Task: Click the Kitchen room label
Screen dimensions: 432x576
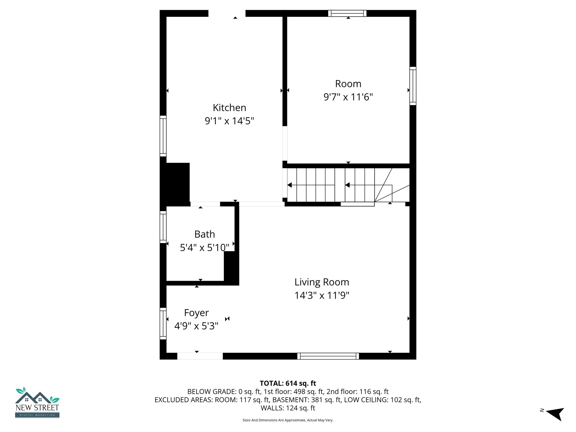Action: (229, 108)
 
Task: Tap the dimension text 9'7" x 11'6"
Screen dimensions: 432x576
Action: (348, 97)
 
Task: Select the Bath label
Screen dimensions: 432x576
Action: (204, 234)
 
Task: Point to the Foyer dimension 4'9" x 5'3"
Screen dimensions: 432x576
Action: (196, 326)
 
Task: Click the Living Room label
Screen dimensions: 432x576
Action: (321, 282)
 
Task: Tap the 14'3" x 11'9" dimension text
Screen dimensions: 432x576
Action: (321, 296)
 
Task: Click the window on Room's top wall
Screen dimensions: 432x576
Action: (347, 13)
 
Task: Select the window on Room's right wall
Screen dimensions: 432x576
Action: (413, 86)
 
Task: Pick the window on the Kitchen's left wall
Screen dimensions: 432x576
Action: (163, 136)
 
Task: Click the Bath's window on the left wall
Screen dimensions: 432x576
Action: (163, 227)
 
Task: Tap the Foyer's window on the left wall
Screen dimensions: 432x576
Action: (163, 323)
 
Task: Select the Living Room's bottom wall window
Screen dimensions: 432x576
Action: (328, 356)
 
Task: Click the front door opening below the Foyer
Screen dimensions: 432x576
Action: (200, 356)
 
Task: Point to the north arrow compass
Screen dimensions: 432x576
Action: (555, 413)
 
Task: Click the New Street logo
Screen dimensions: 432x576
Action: (37, 403)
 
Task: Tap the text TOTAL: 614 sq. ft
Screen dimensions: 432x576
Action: (288, 383)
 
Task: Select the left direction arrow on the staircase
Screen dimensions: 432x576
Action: (290, 185)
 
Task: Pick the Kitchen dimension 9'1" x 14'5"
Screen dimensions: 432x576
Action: (229, 121)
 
